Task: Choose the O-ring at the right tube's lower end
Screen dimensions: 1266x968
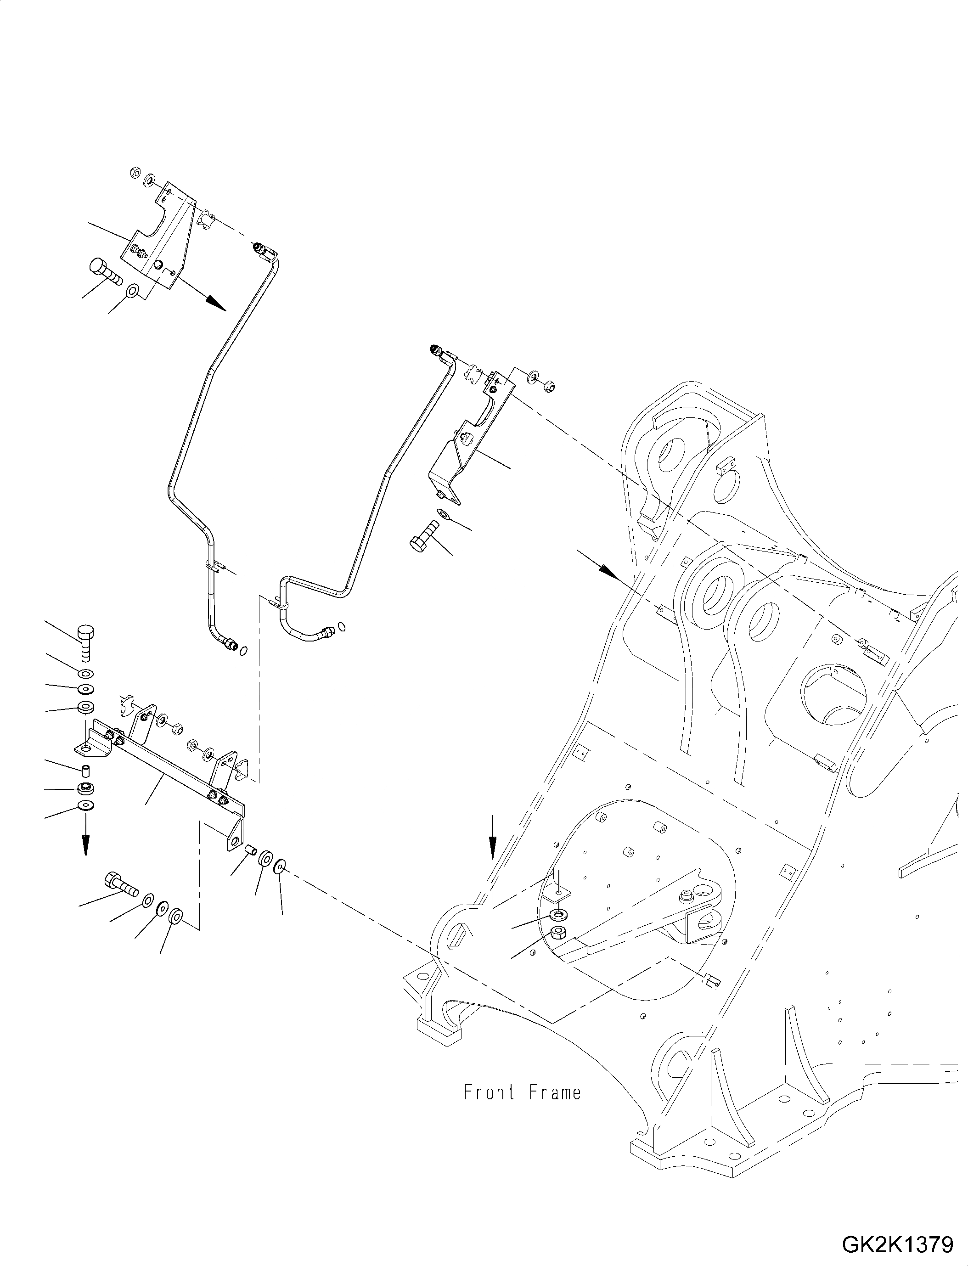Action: click(x=342, y=626)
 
